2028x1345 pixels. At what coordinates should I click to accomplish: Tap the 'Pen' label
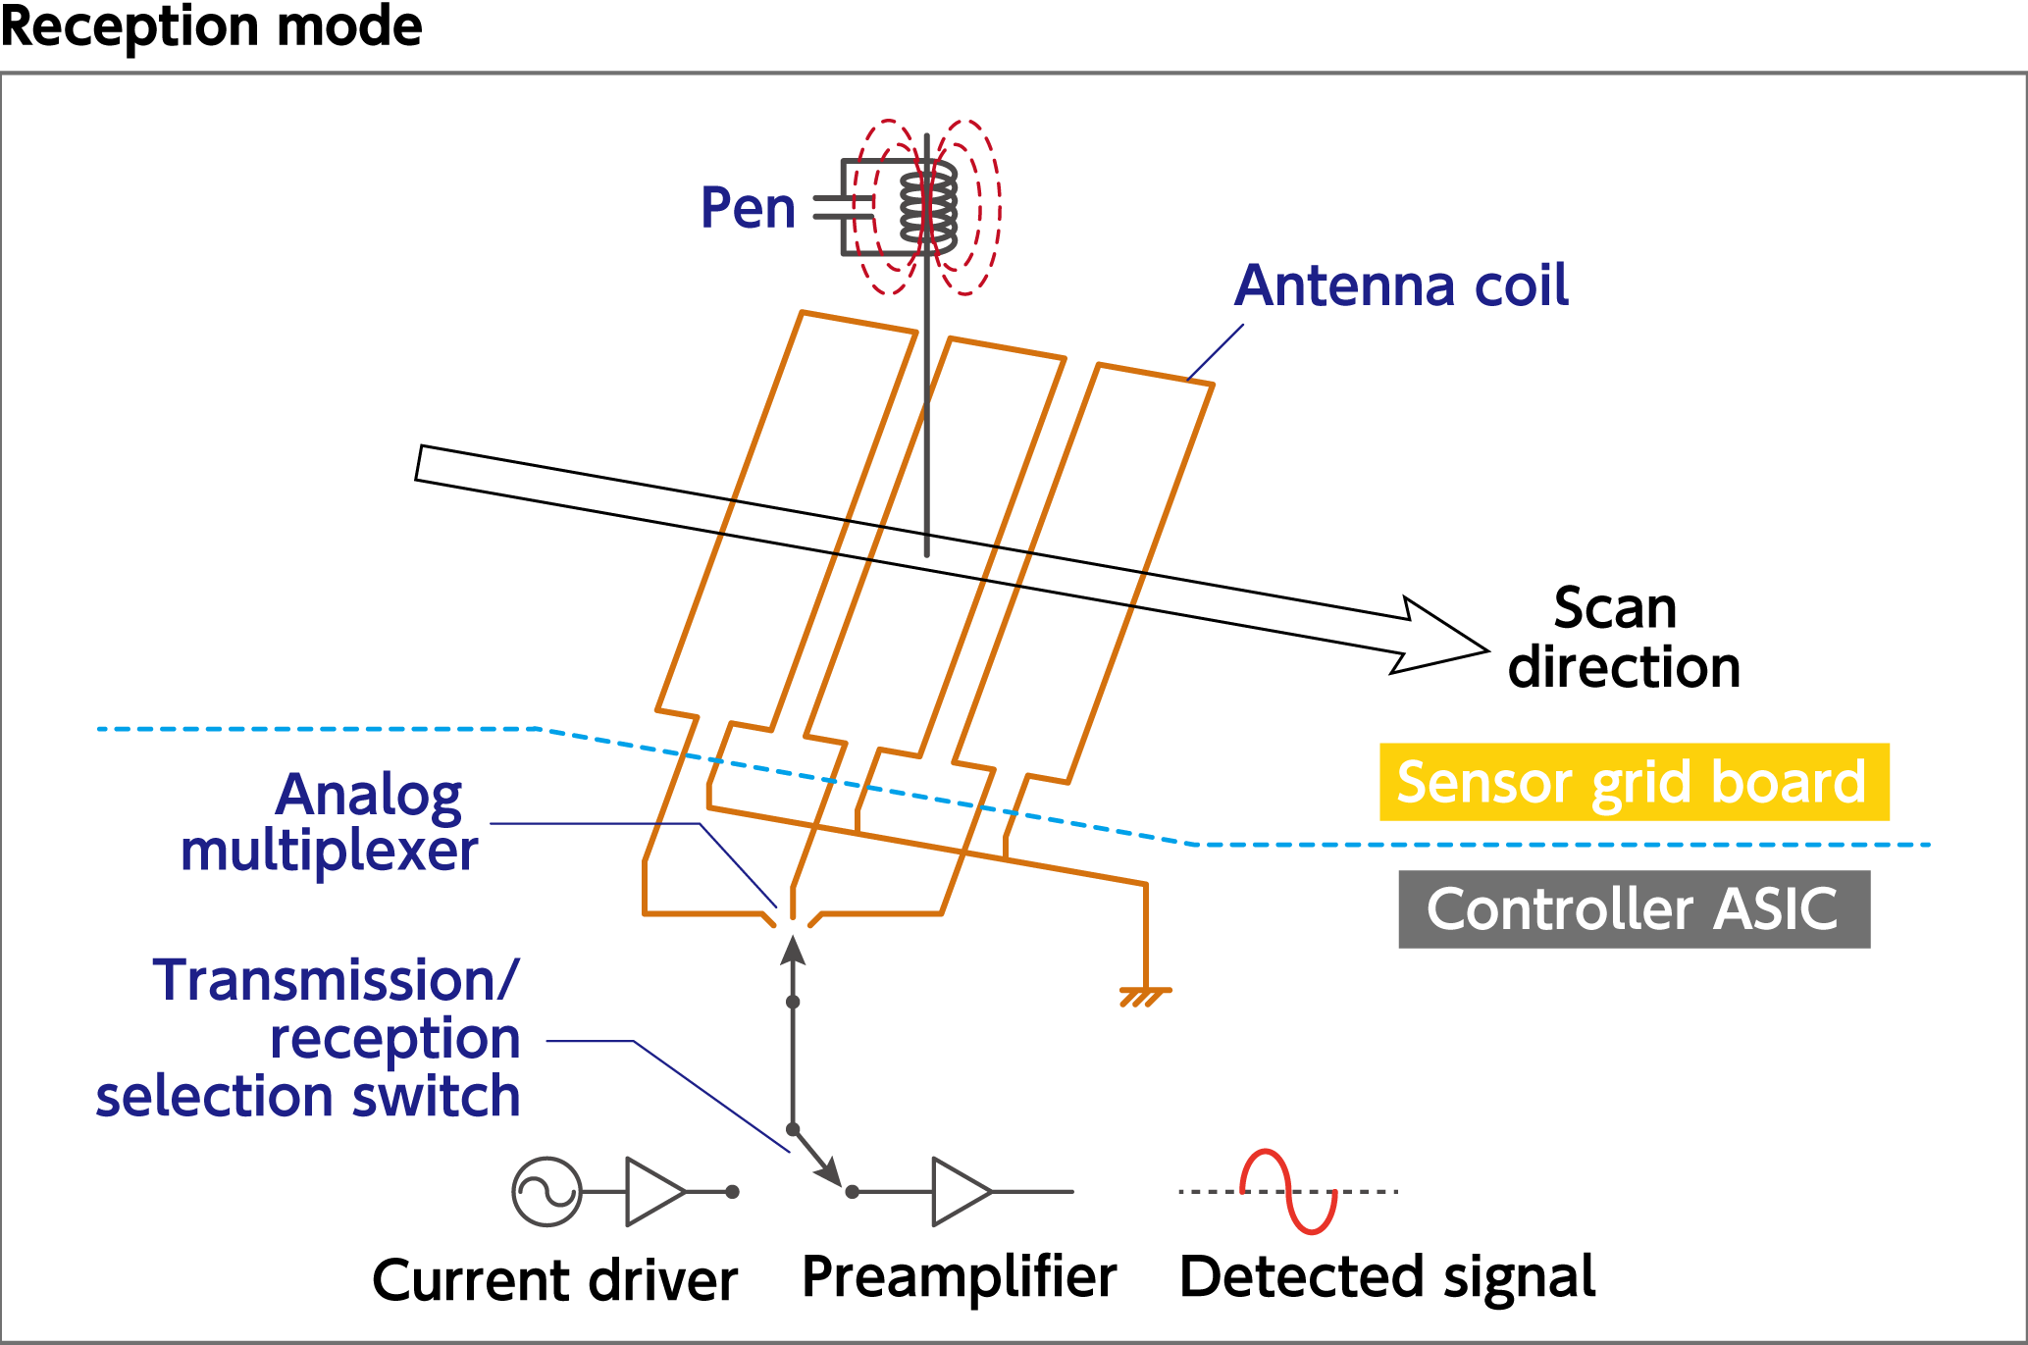[748, 208]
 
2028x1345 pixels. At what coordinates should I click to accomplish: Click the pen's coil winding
[928, 204]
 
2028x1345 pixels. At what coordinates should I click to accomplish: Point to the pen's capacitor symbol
[844, 207]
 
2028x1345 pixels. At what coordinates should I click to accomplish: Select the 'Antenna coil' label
[1401, 285]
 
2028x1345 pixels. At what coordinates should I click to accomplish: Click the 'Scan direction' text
[1624, 638]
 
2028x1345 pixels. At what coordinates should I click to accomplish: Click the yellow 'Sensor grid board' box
[1635, 782]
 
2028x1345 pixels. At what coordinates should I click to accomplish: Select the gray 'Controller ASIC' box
[1635, 908]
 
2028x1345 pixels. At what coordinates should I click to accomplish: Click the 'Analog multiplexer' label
[329, 822]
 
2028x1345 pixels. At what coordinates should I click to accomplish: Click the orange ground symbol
[1145, 997]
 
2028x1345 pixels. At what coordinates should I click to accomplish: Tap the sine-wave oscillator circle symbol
[547, 1192]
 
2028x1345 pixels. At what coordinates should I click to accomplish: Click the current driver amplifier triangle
[655, 1192]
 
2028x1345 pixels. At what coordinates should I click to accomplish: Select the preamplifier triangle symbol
[962, 1192]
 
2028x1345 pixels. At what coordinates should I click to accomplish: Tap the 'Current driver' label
[555, 1280]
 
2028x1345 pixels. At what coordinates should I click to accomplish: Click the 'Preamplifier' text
[960, 1277]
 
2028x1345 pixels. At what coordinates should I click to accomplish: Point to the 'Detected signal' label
[1387, 1277]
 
